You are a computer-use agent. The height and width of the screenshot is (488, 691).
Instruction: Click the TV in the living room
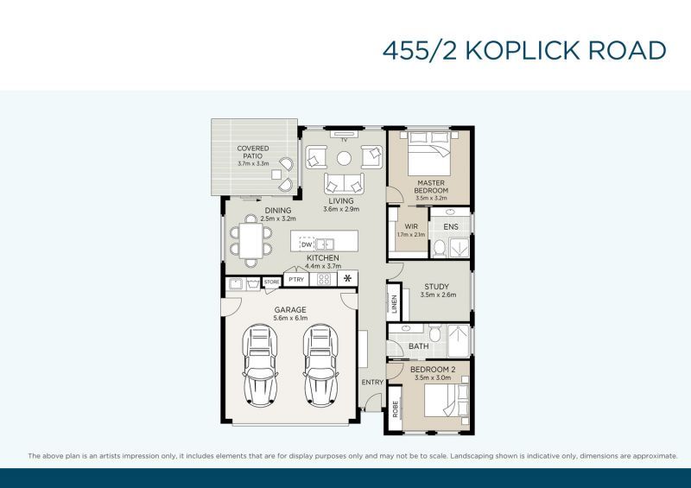coord(344,134)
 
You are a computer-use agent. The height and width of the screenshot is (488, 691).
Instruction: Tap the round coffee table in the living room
coord(344,158)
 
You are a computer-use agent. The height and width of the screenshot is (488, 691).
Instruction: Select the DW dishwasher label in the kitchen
coord(307,244)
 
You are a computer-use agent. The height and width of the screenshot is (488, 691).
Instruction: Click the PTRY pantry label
coord(296,280)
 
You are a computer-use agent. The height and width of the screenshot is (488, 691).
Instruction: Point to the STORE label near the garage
coord(271,282)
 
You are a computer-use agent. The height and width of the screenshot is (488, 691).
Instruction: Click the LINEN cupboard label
coord(395,303)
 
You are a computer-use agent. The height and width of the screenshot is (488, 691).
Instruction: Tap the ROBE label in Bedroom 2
coord(396,409)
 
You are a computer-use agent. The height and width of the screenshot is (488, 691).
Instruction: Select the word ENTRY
coord(372,383)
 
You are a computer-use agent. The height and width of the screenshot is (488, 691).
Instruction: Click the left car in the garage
coord(260,365)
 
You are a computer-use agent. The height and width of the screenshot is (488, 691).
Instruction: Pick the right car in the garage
coord(320,365)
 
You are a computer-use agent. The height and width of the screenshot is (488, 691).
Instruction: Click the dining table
coord(250,241)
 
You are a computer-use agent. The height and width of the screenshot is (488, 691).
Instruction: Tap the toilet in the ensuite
coord(440,248)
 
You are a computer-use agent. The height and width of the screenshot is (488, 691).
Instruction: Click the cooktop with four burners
coord(324,279)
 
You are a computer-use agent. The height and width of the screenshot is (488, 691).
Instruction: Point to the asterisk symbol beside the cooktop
coord(348,278)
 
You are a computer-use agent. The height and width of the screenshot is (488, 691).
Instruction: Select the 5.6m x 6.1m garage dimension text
coord(290,318)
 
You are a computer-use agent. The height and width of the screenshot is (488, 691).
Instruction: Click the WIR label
coord(411,226)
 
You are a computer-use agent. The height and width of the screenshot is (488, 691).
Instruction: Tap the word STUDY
coord(437,287)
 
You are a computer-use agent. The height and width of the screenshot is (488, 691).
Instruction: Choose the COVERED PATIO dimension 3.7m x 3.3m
coord(253,163)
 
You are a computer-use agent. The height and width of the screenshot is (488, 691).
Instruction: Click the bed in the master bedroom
coord(429,154)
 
